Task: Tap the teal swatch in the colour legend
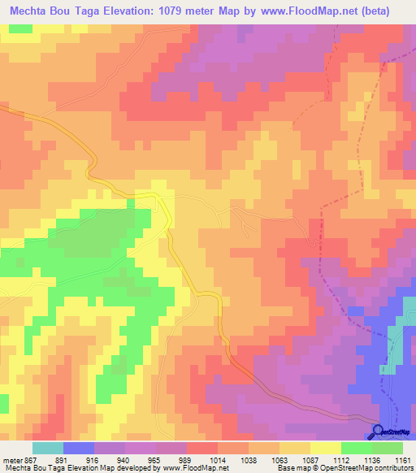pos(47,448)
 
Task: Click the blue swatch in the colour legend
pos(79,448)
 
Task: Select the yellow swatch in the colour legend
pos(326,448)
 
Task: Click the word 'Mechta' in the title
pos(29,11)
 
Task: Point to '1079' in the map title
pos(192,11)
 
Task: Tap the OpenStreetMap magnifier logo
pos(377,432)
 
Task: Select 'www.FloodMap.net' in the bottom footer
pos(195,467)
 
